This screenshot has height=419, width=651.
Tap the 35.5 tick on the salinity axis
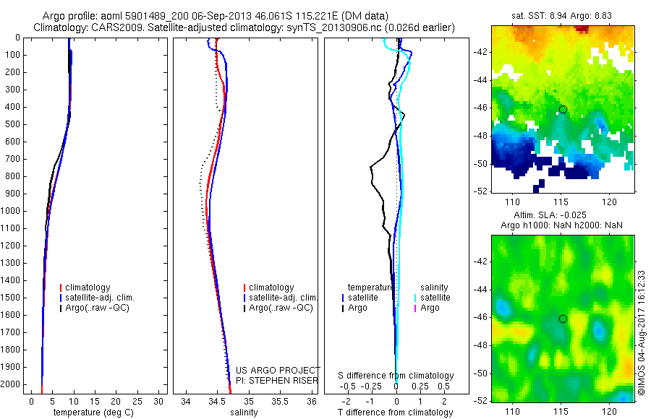279,400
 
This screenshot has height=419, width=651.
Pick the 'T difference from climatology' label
395,412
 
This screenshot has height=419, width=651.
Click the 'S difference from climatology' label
396,376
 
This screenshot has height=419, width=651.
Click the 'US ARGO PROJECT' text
278,370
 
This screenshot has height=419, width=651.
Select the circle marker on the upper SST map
563,109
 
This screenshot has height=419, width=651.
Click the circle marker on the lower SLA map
563,319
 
